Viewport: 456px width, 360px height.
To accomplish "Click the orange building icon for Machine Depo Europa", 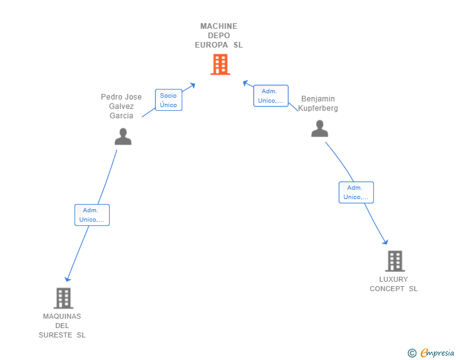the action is [220, 64].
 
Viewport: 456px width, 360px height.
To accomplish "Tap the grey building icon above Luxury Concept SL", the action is [395, 261].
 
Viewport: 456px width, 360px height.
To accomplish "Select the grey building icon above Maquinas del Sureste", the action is [63, 298].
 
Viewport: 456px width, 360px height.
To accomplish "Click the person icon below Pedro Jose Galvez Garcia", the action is [123, 136].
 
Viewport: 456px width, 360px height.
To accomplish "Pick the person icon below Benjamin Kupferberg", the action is [319, 128].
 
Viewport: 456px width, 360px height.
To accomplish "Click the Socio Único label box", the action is [168, 100].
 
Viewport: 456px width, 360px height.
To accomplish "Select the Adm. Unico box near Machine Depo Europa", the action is [271, 96].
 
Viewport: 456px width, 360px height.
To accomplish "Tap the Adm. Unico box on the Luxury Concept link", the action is [356, 192].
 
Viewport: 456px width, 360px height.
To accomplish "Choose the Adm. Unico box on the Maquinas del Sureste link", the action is [92, 215].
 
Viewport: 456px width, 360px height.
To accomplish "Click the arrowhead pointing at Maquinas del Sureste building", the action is [68, 279].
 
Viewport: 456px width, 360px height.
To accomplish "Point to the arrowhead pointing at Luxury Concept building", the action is [385, 242].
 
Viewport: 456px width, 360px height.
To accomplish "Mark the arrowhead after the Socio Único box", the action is [192, 86].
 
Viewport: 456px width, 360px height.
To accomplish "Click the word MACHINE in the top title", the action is [219, 26].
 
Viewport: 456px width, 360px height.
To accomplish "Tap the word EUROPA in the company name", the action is [212, 45].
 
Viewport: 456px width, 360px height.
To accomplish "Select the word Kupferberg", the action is [318, 108].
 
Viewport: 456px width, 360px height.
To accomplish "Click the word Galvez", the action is [122, 106].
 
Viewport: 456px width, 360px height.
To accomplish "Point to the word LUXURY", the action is [393, 279].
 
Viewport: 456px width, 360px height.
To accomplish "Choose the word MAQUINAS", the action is [62, 316].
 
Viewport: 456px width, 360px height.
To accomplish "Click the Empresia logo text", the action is [437, 352].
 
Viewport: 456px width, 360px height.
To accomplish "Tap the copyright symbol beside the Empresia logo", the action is [412, 353].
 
